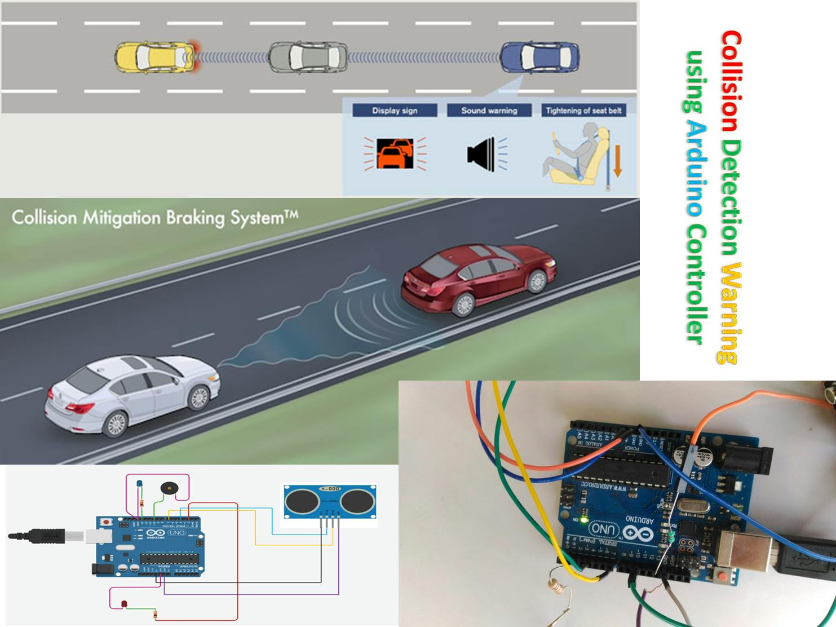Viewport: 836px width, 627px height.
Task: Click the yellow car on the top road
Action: pos(155,57)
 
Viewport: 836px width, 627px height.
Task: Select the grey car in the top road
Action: pos(307,57)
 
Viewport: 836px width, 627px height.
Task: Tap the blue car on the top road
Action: pos(539,57)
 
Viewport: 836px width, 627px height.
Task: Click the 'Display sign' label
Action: pos(395,111)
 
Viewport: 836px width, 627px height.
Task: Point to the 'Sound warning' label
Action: pos(489,111)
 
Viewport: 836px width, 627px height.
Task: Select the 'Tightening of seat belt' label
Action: pos(583,111)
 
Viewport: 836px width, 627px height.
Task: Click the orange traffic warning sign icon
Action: pos(395,153)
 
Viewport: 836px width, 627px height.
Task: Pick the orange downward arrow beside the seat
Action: pos(617,161)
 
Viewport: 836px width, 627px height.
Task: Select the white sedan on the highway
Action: pos(133,394)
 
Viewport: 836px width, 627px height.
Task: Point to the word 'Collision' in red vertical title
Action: pos(731,81)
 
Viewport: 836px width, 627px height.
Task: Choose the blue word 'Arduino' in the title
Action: pos(697,169)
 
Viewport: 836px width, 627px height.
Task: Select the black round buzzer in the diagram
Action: pos(168,488)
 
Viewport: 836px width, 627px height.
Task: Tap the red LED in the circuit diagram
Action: pos(124,604)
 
